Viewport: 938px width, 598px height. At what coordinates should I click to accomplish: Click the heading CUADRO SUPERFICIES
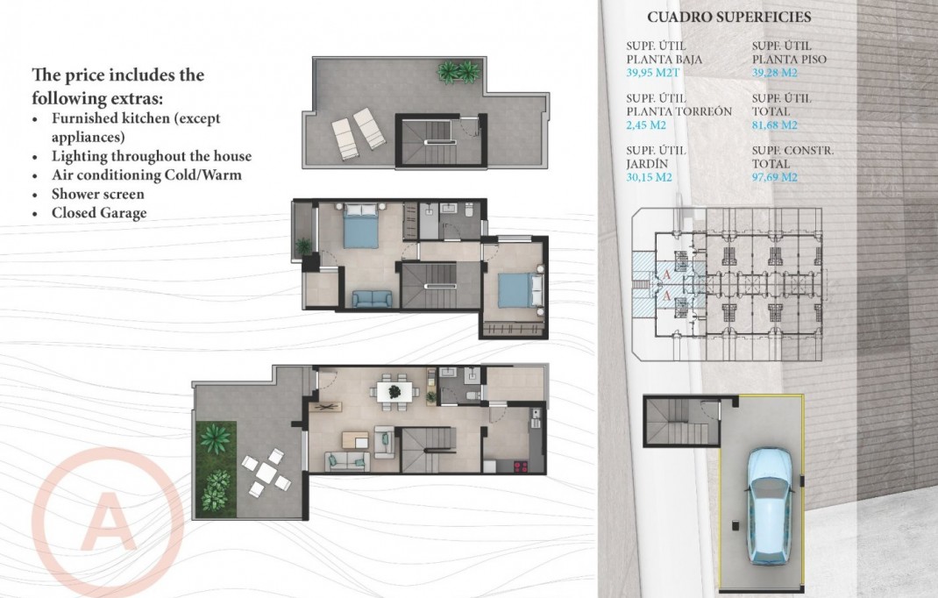[728, 17]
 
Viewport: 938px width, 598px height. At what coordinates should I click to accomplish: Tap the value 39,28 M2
[775, 73]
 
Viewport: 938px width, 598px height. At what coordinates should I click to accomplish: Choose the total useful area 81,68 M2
[775, 125]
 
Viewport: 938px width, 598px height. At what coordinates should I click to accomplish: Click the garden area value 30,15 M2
[650, 177]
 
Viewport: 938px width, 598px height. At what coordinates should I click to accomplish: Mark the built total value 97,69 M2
[775, 177]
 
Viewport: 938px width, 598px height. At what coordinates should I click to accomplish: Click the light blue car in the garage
[769, 505]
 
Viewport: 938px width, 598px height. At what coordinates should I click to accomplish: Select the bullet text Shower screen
[97, 194]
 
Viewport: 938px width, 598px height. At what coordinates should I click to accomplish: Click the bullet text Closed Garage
[99, 213]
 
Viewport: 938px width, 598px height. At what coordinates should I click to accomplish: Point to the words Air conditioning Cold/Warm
[146, 174]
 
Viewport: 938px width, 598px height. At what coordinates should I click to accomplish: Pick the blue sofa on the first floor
[373, 298]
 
